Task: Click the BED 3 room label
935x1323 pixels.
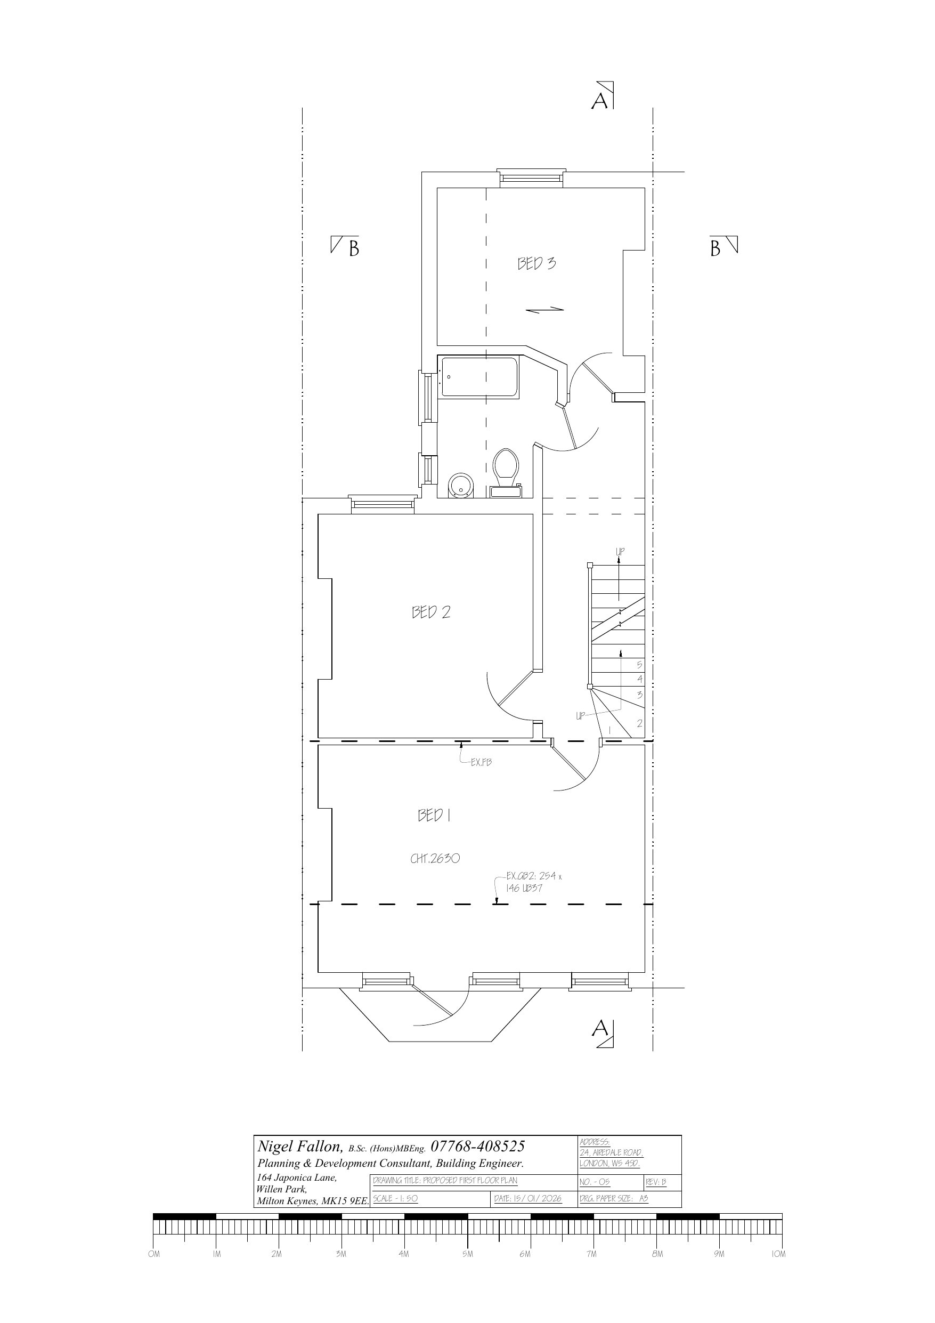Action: [x=536, y=263]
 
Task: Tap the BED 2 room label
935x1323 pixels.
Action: [x=431, y=612]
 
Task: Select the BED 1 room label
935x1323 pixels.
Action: [x=434, y=816]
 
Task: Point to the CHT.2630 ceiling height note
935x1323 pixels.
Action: [x=435, y=859]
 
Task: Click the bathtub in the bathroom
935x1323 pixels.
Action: [x=479, y=377]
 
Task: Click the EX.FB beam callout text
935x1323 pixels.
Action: [x=481, y=762]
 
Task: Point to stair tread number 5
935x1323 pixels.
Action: [x=639, y=664]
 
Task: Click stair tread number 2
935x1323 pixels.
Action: [x=639, y=723]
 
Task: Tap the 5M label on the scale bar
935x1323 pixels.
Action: [x=467, y=1254]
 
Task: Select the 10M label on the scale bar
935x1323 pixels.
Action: [x=778, y=1254]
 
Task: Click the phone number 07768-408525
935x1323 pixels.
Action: [x=477, y=1145]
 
